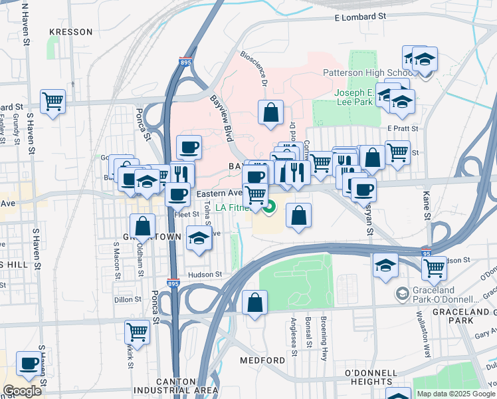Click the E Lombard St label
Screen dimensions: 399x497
tap(360, 16)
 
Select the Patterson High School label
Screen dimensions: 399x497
tap(367, 72)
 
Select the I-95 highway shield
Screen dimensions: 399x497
tap(426, 253)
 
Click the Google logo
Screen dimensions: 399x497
tap(22, 390)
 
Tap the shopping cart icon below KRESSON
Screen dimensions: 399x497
tap(52, 101)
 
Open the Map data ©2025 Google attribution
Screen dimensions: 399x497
tap(456, 394)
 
